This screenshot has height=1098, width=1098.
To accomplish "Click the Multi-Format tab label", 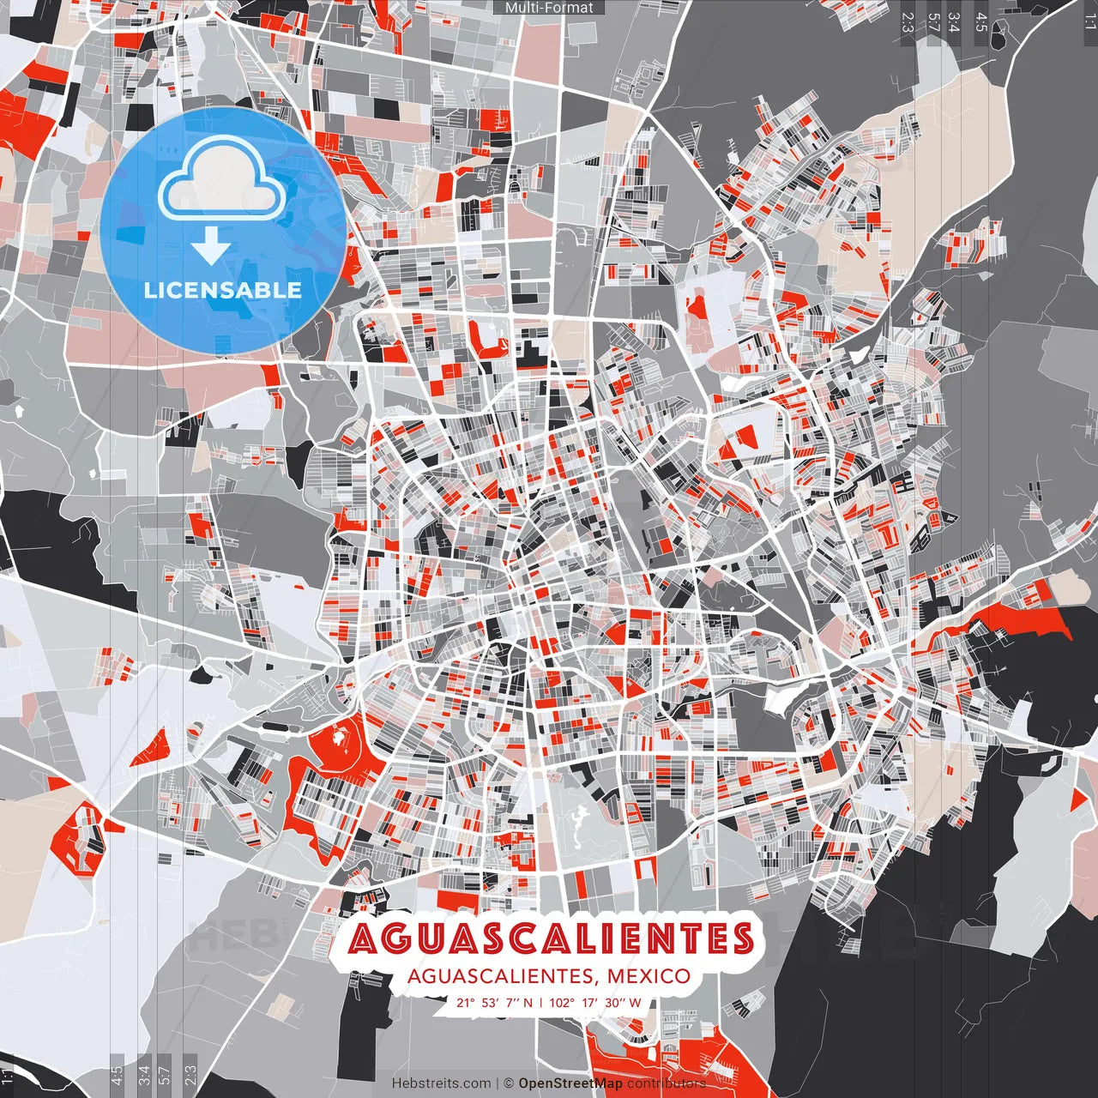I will (549, 8).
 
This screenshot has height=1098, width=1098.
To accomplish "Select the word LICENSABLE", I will (223, 290).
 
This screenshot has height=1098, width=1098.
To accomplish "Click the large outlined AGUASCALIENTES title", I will (552, 938).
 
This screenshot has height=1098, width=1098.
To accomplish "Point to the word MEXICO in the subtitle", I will (649, 976).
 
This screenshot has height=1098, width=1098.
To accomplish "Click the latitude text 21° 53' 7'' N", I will (494, 1003).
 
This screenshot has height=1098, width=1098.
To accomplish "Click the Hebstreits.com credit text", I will (441, 1083).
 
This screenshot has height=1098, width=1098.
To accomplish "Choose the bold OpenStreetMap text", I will (570, 1083).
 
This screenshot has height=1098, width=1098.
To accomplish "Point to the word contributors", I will (666, 1083).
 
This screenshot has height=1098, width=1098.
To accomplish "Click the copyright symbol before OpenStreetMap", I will (509, 1083).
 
